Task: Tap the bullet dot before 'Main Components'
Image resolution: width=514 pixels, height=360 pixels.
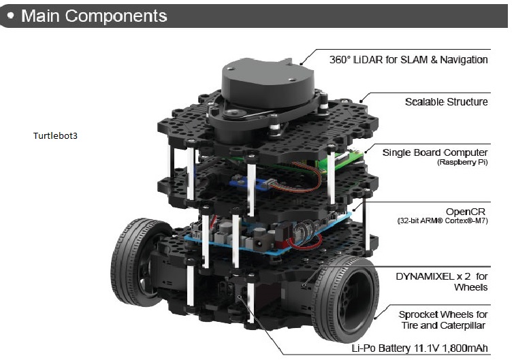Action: [12, 14]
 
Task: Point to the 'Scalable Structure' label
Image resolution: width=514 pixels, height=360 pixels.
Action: [446, 102]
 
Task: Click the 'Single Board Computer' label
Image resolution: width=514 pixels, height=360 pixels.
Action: [435, 152]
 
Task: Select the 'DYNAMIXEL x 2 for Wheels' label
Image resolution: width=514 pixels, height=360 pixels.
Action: [442, 282]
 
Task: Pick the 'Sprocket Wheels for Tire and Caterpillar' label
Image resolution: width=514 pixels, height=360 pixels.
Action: [443, 320]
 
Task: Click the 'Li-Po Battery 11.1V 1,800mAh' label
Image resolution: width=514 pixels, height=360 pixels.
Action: [419, 348]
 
